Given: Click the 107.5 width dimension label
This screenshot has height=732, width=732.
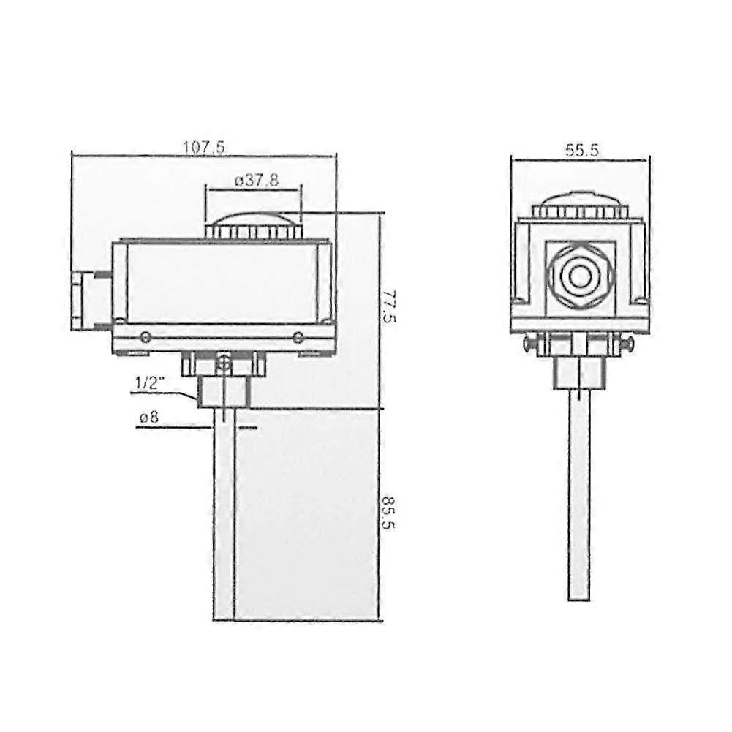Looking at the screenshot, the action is [203, 147].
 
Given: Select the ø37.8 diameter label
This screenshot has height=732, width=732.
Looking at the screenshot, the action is [256, 180].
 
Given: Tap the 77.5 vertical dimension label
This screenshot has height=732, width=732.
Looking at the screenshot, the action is [388, 306].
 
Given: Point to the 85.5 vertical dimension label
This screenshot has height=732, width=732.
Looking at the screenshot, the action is [388, 512].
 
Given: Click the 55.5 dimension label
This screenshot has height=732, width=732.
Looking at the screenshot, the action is [581, 151].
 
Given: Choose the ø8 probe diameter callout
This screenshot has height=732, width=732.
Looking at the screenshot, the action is [149, 416].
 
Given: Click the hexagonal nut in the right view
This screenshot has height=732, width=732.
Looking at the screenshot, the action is [580, 277].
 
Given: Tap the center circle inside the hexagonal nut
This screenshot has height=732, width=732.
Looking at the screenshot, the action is [580, 277].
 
